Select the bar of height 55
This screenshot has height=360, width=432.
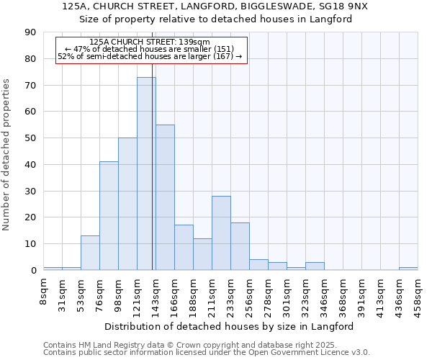[165, 197]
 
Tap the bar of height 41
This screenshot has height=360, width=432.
[109, 216]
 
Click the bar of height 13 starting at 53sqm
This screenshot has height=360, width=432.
[90, 253]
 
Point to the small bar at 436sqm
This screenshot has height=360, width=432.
[408, 269]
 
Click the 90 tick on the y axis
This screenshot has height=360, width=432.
[30, 32]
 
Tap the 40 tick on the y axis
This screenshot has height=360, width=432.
[30, 165]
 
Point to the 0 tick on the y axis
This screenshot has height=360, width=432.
[33, 271]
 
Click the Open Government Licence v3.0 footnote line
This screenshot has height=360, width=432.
[207, 352]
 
